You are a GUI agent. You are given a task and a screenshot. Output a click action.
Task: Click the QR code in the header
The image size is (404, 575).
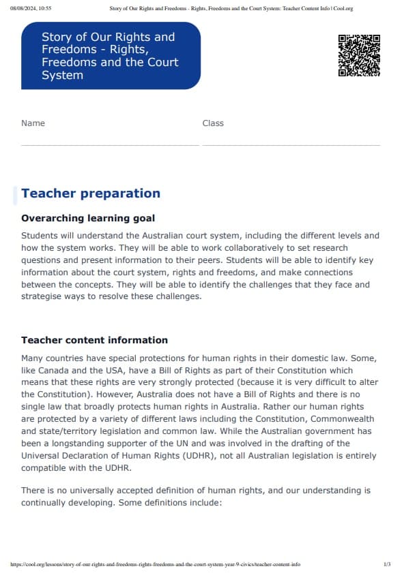pyautogui.click(x=359, y=55)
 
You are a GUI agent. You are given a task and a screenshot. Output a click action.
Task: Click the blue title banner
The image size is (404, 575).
pyautogui.click(x=111, y=56)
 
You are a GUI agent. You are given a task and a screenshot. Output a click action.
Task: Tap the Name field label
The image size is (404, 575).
pyautogui.click(x=33, y=123)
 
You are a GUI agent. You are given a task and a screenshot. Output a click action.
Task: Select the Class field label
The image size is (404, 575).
pyautogui.click(x=213, y=123)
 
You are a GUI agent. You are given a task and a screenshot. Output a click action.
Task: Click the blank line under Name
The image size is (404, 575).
pyautogui.click(x=110, y=144)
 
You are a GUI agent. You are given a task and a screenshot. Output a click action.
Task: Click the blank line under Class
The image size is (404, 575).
pyautogui.click(x=291, y=144)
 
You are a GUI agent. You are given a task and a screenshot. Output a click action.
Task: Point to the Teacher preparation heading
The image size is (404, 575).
pyautogui.click(x=91, y=193)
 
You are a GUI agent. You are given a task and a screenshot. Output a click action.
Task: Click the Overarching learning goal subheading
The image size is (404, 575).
pyautogui.click(x=88, y=219)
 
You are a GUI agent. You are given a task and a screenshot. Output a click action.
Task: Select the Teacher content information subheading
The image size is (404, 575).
pyautogui.click(x=94, y=340)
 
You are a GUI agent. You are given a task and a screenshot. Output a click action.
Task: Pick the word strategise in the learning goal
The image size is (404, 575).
pyautogui.click(x=42, y=296)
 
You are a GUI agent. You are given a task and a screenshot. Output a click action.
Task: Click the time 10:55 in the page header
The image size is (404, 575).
pyautogui.click(x=45, y=8)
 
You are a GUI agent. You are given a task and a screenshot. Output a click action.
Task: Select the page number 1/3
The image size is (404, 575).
pyautogui.click(x=387, y=565)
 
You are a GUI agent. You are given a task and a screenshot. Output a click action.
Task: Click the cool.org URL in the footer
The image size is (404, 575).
pyautogui.click(x=156, y=565)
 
